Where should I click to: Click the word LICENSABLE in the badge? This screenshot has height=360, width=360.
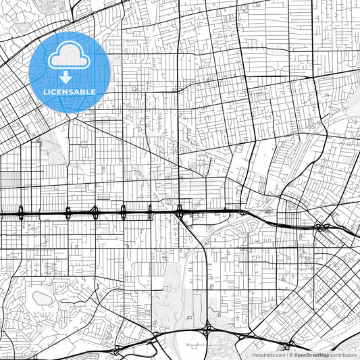pyautogui.click(x=70, y=91)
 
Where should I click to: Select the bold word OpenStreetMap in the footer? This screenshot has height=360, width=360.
pyautogui.click(x=311, y=355)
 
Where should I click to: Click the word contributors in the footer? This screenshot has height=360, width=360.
pyautogui.click(x=344, y=355)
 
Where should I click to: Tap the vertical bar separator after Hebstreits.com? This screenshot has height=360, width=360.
pyautogui.click(x=286, y=355)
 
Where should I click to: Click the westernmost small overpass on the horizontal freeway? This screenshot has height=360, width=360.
pyautogui.click(x=22, y=213)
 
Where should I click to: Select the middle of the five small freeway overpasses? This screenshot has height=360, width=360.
pyautogui.click(x=95, y=213)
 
